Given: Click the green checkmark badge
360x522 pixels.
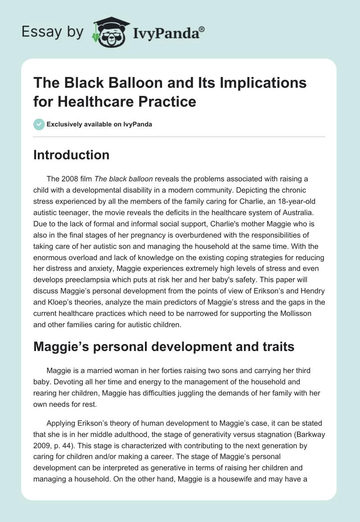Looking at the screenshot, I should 39,124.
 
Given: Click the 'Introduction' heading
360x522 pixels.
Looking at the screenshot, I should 71,155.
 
